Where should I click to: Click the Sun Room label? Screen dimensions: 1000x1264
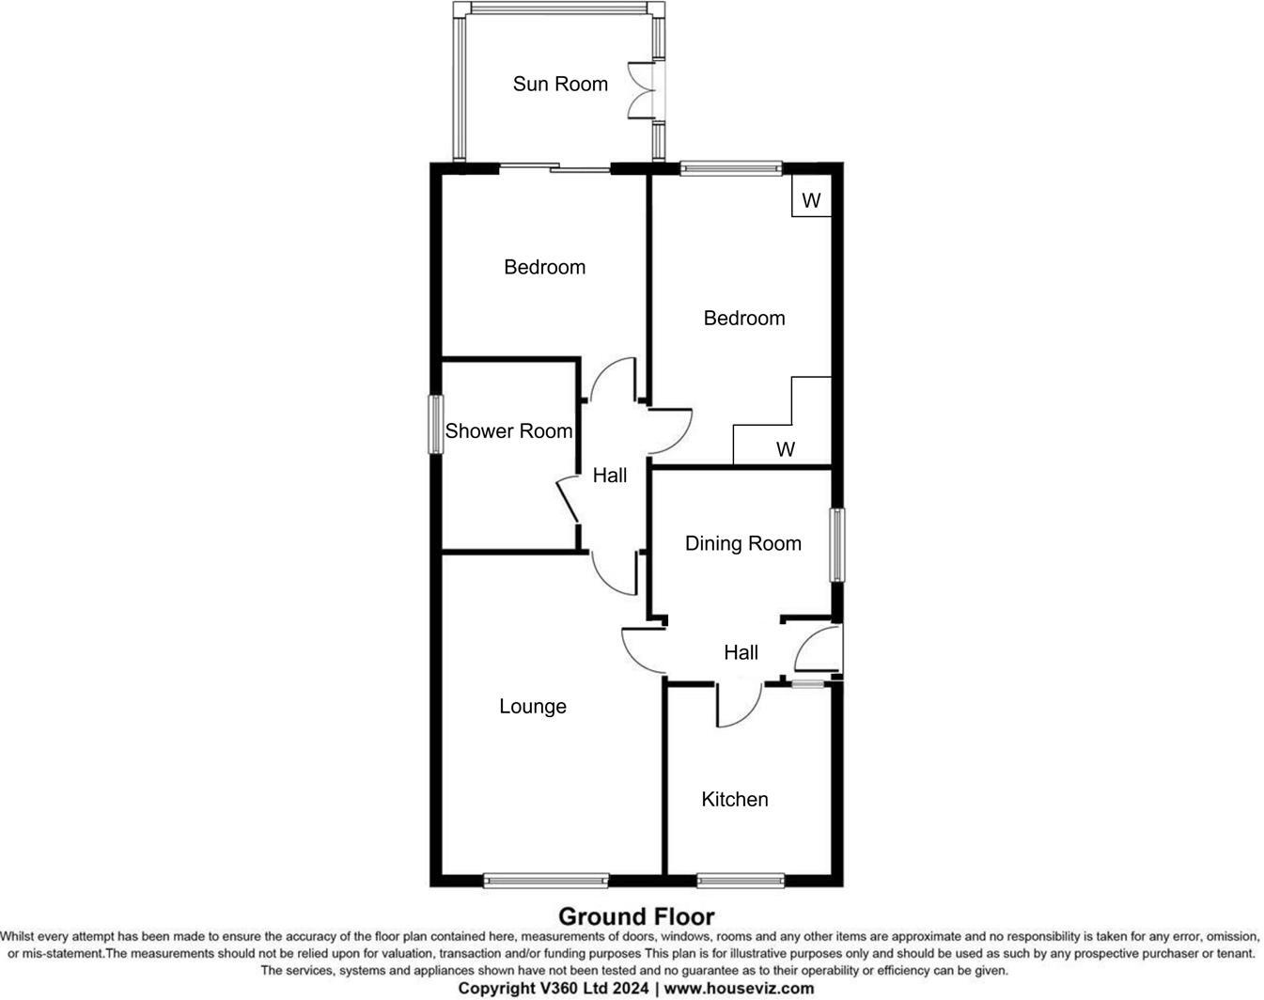[560, 84]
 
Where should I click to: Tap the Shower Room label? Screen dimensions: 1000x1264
[508, 431]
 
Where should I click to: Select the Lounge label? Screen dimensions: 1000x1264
[533, 707]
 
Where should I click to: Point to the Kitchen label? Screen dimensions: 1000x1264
[735, 799]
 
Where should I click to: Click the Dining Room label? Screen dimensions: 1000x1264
[743, 543]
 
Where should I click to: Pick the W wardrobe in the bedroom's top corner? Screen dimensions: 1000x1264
[812, 200]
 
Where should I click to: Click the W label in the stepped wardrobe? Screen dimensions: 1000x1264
[786, 449]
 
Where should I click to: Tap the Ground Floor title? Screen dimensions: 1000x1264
[636, 916]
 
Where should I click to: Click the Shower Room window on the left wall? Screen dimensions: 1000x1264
[436, 425]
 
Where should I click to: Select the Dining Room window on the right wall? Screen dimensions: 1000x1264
[836, 545]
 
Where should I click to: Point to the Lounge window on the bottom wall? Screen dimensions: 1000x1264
[545, 881]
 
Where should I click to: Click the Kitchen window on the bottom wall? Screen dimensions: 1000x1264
[741, 881]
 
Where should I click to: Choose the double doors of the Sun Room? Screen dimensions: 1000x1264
[643, 90]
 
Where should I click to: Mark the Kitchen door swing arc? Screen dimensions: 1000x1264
[739, 706]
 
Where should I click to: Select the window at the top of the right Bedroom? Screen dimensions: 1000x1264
[731, 169]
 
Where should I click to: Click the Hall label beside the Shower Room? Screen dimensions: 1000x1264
[610, 476]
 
